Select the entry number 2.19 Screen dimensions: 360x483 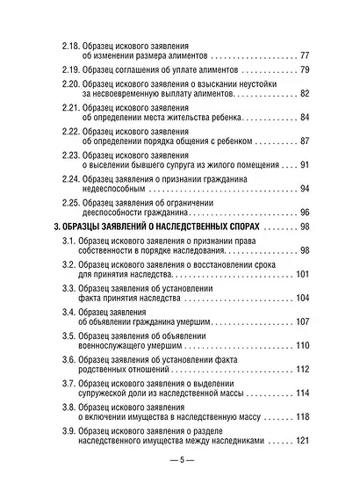(x=66, y=69)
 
